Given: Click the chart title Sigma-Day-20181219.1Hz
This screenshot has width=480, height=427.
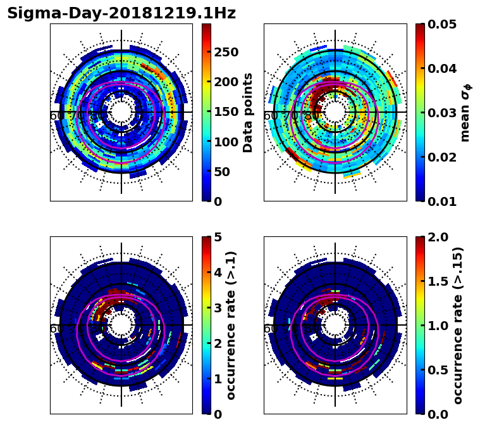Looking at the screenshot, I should pyautogui.click(x=121, y=13).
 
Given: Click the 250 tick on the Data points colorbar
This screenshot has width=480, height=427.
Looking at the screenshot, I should pyautogui.click(x=226, y=52).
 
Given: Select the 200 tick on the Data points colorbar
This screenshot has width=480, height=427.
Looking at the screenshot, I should pyautogui.click(x=226, y=82).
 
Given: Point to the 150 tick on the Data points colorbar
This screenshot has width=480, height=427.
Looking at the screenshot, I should pyautogui.click(x=226, y=112).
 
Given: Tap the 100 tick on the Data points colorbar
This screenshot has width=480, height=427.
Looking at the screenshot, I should pyautogui.click(x=226, y=142).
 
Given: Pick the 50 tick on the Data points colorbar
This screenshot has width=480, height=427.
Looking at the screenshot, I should pyautogui.click(x=222, y=172).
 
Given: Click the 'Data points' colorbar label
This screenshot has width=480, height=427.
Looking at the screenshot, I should pyautogui.click(x=248, y=112).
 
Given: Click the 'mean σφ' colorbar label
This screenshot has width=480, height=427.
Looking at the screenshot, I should pyautogui.click(x=465, y=113).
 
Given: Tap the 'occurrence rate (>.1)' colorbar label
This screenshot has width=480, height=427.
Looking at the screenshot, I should pyautogui.click(x=231, y=325).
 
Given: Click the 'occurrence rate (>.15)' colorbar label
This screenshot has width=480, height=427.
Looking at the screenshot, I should pyautogui.click(x=458, y=325).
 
